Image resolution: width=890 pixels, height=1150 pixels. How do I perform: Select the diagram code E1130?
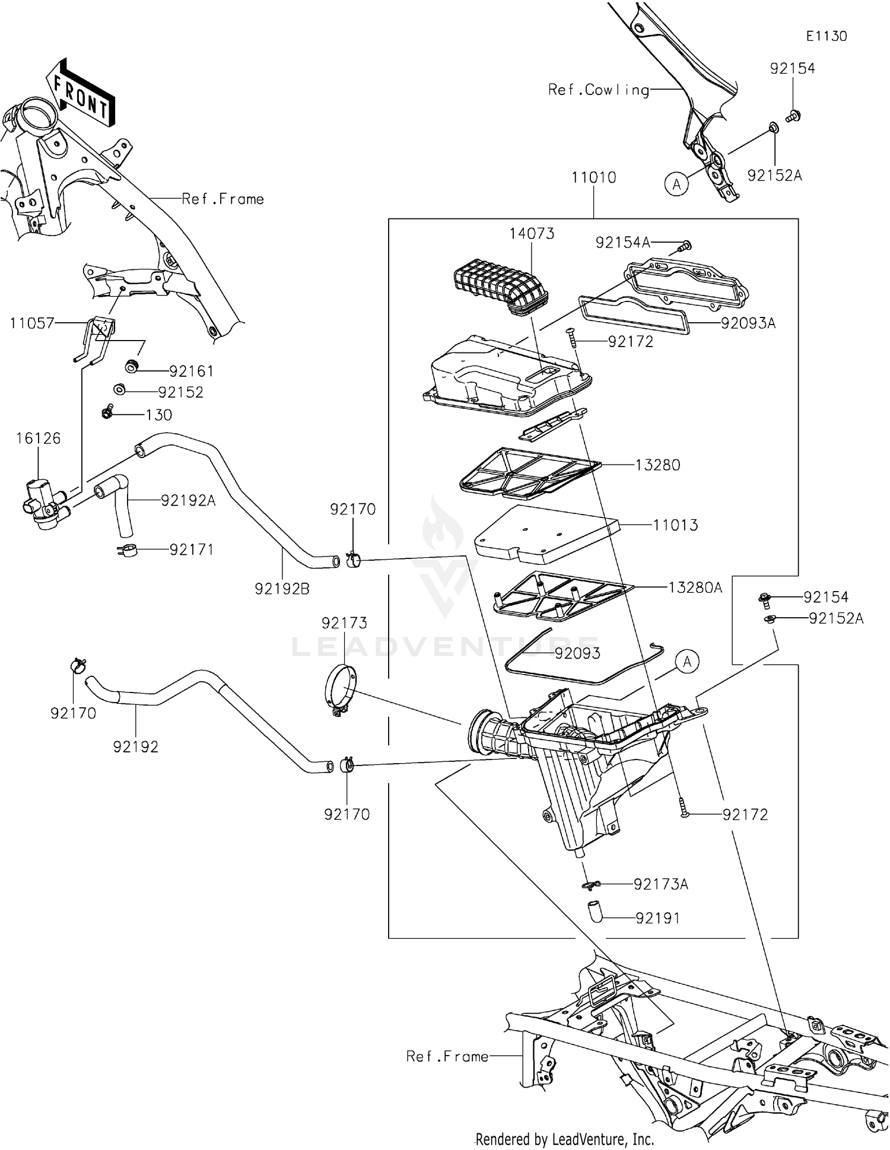826,36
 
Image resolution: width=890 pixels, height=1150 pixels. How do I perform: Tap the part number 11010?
593,177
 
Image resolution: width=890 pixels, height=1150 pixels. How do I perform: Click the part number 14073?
532,234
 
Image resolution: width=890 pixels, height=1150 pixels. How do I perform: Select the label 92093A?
748,323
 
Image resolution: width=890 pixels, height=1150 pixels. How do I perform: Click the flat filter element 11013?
546,533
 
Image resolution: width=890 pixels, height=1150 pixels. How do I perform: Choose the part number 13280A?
695,587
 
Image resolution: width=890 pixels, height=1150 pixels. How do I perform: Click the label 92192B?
282,589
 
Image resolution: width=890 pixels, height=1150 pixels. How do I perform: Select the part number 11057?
32,323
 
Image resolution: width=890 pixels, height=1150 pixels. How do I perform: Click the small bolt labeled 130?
108,411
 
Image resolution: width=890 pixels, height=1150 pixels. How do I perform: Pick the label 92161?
191,371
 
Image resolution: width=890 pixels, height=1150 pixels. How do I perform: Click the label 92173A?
660,884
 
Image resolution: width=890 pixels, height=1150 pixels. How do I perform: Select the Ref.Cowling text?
598,90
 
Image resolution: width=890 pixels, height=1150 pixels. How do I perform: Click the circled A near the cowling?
676,185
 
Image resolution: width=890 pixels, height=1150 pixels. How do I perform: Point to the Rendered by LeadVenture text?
564,1139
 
